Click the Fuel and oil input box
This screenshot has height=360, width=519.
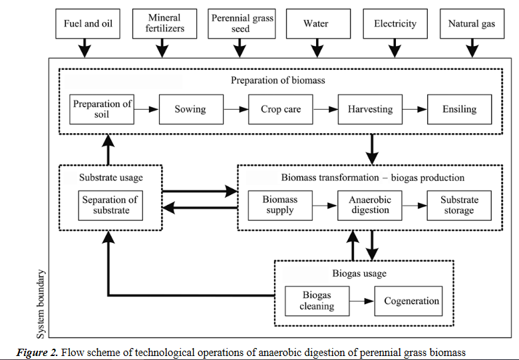pyautogui.click(x=88, y=24)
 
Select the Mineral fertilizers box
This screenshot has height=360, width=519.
pyautogui.click(x=164, y=24)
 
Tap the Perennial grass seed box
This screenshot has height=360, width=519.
pyautogui.click(x=242, y=24)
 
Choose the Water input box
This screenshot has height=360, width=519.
pyautogui.click(x=317, y=24)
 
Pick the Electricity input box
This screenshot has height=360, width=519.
pyautogui.click(x=395, y=24)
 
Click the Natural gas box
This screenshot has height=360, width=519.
pyautogui.click(x=472, y=24)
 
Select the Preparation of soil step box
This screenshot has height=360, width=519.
pyautogui.click(x=102, y=109)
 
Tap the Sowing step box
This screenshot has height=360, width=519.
pyautogui.click(x=190, y=109)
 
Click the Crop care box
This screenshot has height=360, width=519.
pyautogui.click(x=279, y=109)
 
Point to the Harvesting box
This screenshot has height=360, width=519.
pyautogui.click(x=370, y=109)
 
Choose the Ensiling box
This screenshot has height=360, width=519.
pyautogui.click(x=459, y=109)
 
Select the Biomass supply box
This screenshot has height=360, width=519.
pyautogui.click(x=279, y=205)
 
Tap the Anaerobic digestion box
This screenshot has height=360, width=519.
pyautogui.click(x=370, y=205)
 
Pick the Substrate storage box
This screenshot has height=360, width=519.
pyautogui.click(x=459, y=205)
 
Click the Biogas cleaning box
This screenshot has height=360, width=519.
pyautogui.click(x=316, y=301)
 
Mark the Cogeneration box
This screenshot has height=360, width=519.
pyautogui.click(x=411, y=301)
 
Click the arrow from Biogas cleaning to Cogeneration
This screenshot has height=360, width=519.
pyautogui.click(x=361, y=301)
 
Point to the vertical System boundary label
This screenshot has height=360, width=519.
pyautogui.click(x=42, y=303)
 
